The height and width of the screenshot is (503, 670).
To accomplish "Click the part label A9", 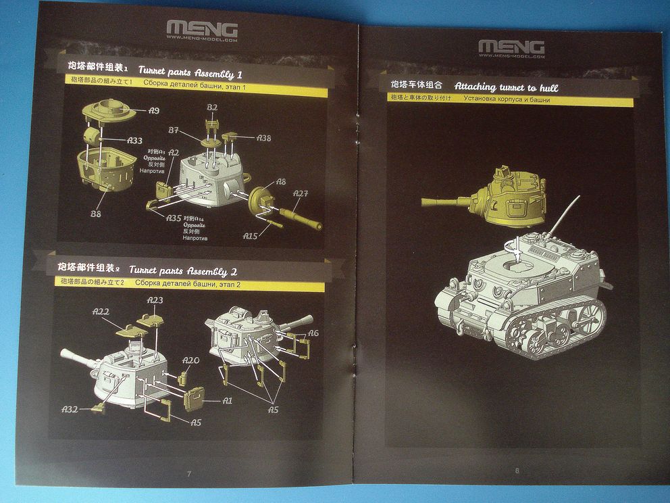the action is point(153,110).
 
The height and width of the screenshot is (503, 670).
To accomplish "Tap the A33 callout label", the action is point(134,141).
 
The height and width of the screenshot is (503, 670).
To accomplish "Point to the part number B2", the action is point(212,108).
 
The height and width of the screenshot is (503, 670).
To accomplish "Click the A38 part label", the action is point(263,138).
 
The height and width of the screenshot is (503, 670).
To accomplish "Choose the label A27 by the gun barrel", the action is point(301,195).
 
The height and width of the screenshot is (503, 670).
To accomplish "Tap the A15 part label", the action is point(251,237).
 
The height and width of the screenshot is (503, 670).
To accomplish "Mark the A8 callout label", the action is point(281,181).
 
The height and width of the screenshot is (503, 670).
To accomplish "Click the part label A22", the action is point(101,312).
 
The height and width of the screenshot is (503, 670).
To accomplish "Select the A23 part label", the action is point(155,300).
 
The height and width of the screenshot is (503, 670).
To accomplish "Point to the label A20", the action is point(191,360).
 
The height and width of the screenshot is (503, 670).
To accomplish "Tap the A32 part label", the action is point(70,409).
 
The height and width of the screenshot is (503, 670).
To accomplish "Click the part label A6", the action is point(313,333).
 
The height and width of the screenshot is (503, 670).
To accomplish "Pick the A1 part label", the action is point(227,401).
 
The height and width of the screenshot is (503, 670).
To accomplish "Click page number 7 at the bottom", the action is point(188,473).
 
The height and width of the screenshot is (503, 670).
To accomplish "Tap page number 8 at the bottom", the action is point(517,471).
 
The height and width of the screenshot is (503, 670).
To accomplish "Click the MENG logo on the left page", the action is point(202,30).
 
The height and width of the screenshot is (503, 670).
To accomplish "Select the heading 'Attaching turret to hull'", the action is point(506,87).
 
